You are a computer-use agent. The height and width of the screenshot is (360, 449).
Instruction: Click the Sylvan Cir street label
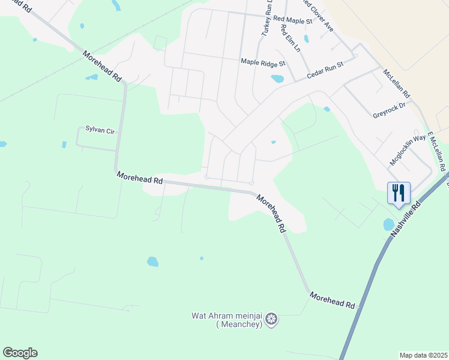pos(100,130)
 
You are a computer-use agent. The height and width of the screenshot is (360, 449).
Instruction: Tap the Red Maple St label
pos(293,20)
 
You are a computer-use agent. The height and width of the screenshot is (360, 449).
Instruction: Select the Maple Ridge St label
pos(263,62)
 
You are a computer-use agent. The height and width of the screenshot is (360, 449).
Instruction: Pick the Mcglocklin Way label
pos(408,146)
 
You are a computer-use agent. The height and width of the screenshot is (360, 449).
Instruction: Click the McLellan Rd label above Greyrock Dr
pos(397,83)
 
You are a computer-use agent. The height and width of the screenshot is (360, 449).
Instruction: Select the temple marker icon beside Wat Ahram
pos(272,319)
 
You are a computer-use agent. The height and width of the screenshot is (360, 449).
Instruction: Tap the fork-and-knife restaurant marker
pos(399,193)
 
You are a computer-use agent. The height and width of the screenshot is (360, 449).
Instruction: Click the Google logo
pos(20,353)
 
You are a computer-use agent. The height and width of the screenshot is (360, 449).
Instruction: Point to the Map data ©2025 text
pos(423,355)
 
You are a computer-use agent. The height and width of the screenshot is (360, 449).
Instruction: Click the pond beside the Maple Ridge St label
pos(277,79)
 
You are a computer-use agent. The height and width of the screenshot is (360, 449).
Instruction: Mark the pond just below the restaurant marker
pos(389,224)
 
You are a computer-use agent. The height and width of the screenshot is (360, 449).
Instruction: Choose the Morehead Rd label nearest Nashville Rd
pos(333,300)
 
